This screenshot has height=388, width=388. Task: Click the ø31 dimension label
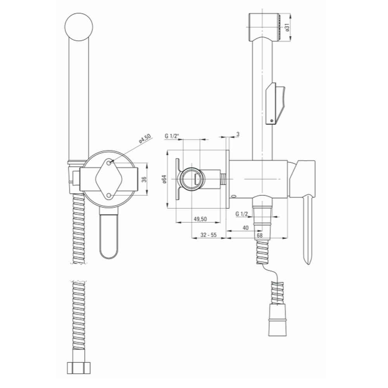tap(287, 28)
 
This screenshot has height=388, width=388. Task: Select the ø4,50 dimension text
tap(144, 139)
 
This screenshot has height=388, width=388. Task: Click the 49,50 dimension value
tap(200, 219)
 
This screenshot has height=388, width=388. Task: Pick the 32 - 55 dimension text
tap(208, 235)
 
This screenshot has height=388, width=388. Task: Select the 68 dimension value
tap(260, 236)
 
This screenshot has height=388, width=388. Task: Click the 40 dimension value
tap(246, 228)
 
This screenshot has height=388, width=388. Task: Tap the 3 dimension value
tap(238, 134)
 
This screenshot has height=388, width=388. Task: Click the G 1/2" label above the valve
tap(172, 136)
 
